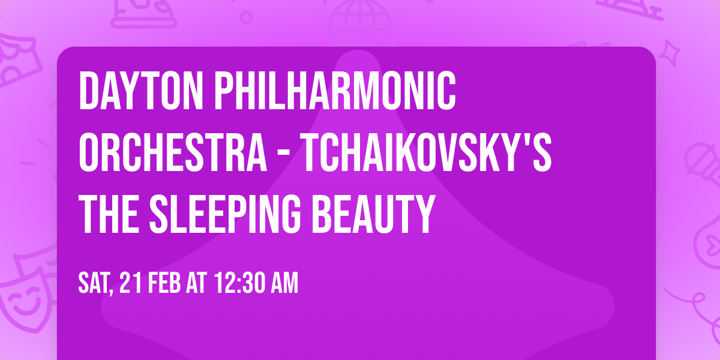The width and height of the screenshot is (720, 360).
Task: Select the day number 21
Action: point(131,283)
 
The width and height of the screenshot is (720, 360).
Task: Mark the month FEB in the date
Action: point(165,283)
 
